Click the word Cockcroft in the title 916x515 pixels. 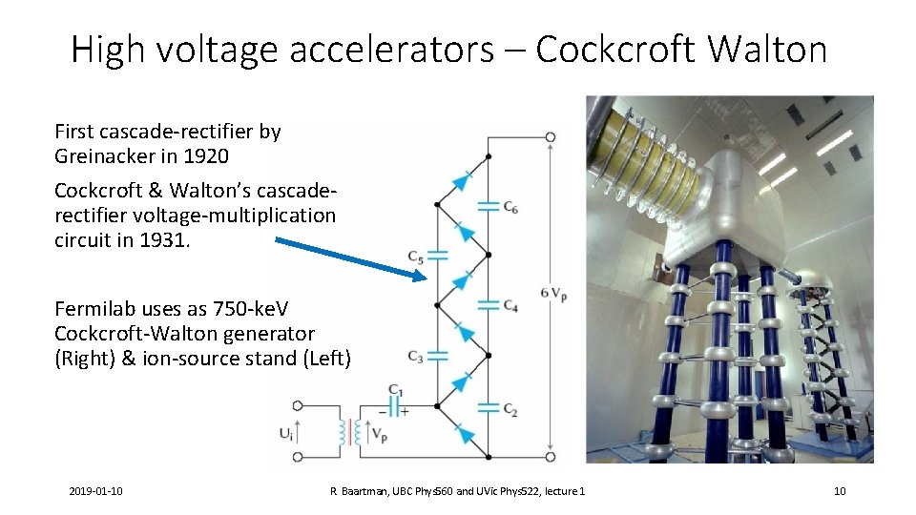[x=614, y=49]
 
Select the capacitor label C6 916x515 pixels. [x=511, y=207]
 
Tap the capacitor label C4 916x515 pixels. [x=511, y=306]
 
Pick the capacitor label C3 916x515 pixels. [x=416, y=357]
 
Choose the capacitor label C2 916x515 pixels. [x=511, y=409]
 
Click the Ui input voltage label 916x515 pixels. [x=286, y=433]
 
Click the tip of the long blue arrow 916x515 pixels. [x=426, y=278]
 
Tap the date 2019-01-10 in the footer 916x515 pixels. [x=95, y=491]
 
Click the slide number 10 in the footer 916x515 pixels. [x=840, y=491]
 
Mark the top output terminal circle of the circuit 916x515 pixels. [x=551, y=136]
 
